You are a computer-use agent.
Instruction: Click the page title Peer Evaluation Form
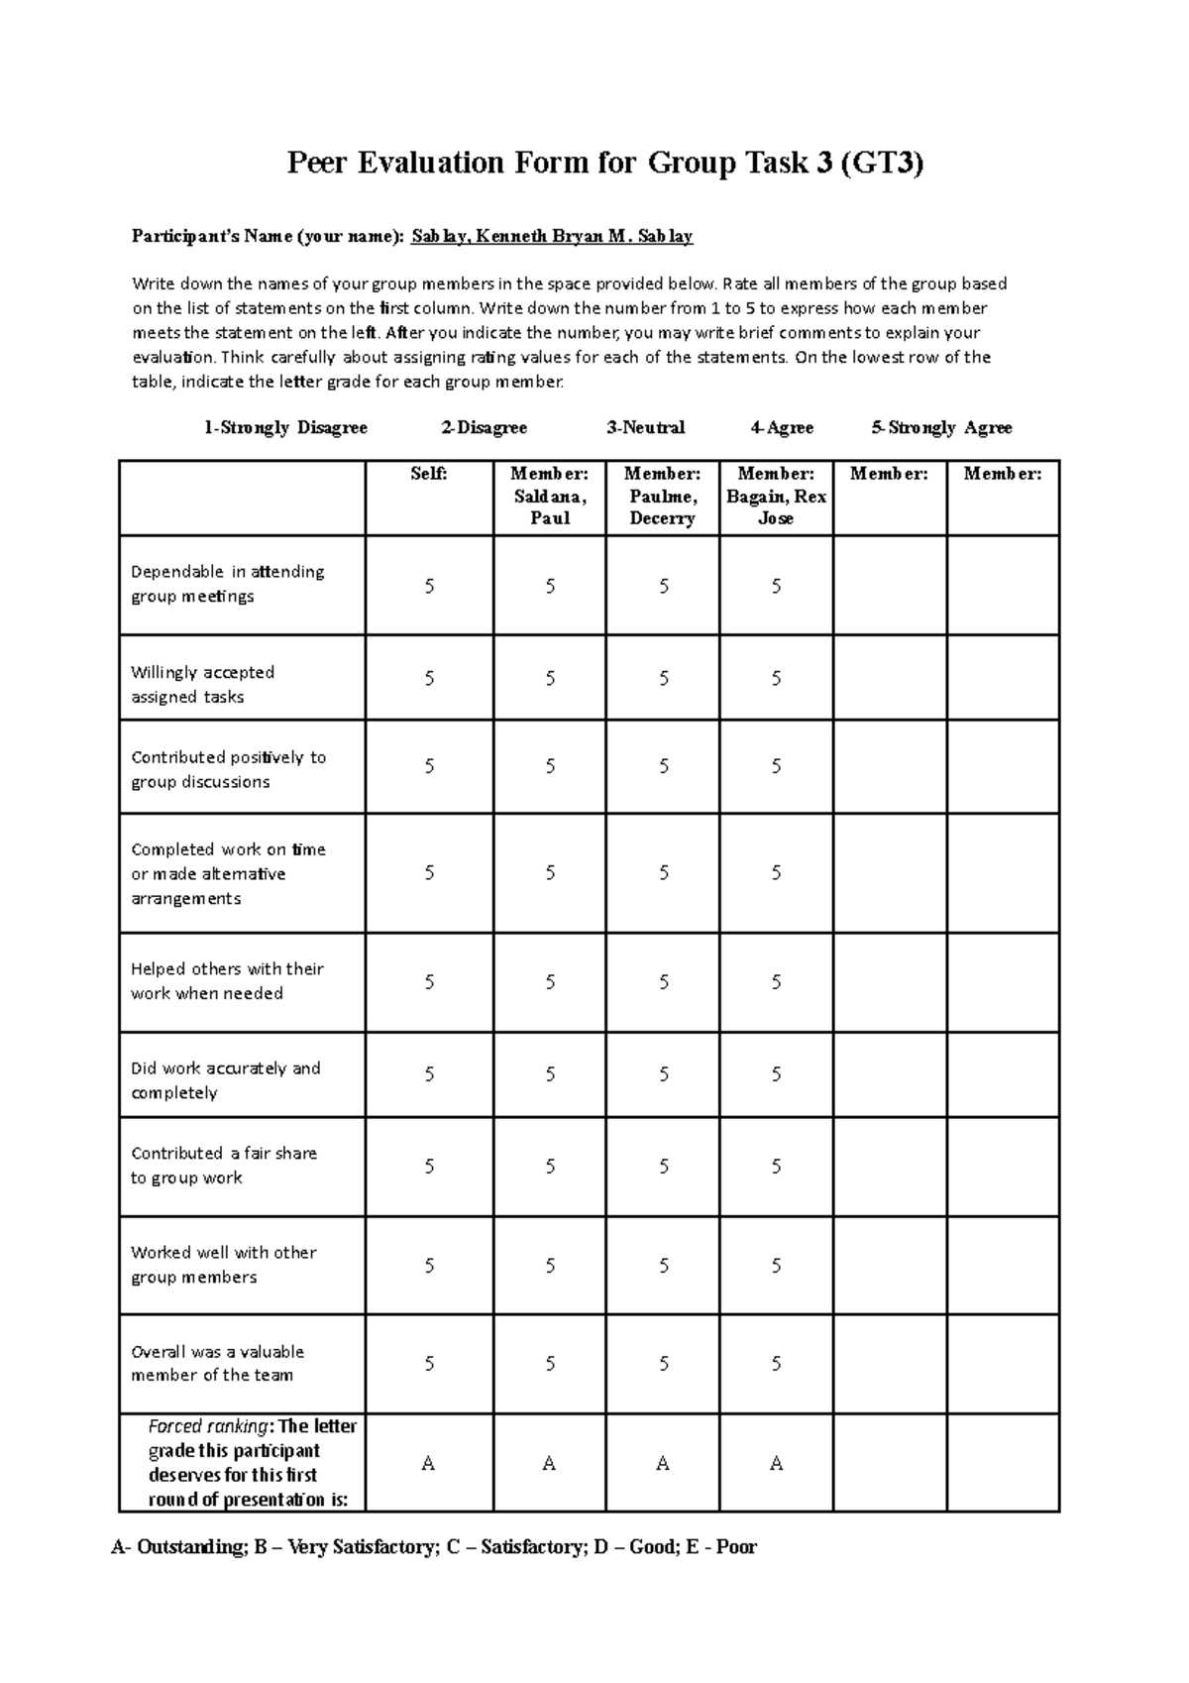click(x=604, y=162)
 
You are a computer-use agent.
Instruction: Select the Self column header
click(x=429, y=475)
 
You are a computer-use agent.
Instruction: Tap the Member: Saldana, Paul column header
click(x=549, y=496)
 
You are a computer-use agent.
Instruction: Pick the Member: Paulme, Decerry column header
click(x=662, y=496)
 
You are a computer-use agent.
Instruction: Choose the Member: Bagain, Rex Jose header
click(x=776, y=496)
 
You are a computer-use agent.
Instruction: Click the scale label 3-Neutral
click(x=646, y=427)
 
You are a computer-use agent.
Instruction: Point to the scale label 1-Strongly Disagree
click(x=285, y=427)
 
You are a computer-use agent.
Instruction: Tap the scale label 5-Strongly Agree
click(x=941, y=427)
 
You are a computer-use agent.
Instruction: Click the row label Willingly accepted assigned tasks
click(x=203, y=684)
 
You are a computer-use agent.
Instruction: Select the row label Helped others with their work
click(x=227, y=980)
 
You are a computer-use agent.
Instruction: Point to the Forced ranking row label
click(x=252, y=1462)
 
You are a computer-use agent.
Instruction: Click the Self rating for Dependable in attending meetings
click(x=429, y=586)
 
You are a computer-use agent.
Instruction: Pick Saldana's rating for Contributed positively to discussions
click(x=550, y=766)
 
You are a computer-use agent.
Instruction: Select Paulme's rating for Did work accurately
click(x=664, y=1074)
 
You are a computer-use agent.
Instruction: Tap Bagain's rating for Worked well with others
click(x=777, y=1266)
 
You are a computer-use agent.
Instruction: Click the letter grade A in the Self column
click(x=428, y=1463)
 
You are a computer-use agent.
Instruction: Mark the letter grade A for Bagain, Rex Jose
click(x=777, y=1463)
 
